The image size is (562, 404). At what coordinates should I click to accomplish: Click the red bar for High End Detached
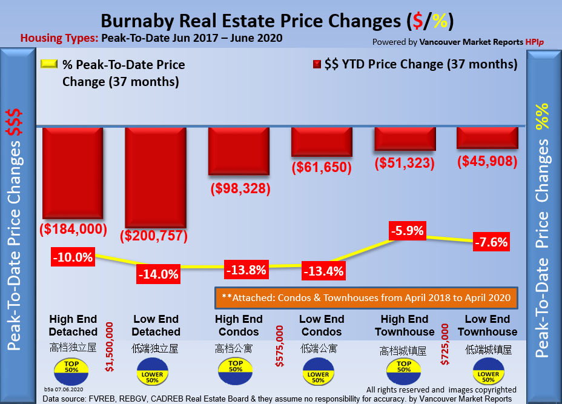pyautogui.click(x=71, y=173)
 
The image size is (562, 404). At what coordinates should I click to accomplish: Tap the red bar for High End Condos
pyautogui.click(x=238, y=151)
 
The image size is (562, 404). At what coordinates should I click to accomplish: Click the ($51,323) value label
pyautogui.click(x=405, y=162)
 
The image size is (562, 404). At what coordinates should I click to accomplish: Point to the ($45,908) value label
pyautogui.click(x=488, y=161)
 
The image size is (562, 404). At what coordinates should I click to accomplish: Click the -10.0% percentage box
pyautogui.click(x=73, y=257)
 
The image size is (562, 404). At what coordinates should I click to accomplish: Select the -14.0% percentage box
pyautogui.click(x=158, y=274)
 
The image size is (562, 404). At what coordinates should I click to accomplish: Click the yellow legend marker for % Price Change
pyautogui.click(x=49, y=64)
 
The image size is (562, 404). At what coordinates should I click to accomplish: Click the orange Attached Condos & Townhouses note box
pyautogui.click(x=366, y=297)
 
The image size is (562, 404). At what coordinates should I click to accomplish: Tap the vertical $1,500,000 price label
pyautogui.click(x=110, y=346)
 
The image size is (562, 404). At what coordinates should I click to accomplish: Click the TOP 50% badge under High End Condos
pyautogui.click(x=236, y=368)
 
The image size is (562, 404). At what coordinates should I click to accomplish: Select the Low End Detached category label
pyautogui.click(x=156, y=325)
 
